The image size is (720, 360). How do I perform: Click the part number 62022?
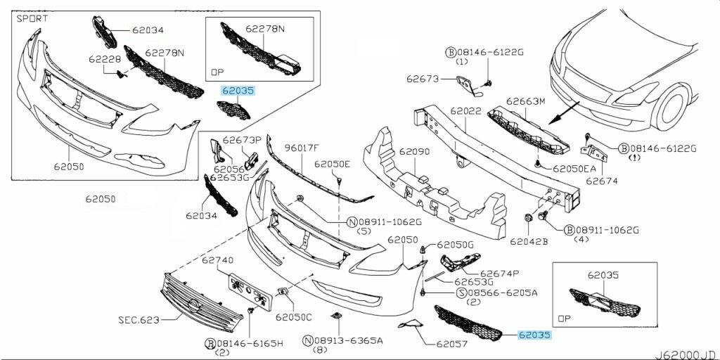point(466,111)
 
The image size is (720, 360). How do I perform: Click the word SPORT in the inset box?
point(33,18)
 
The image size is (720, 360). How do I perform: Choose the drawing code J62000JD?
point(688,354)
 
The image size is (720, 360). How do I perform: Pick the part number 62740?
point(217,260)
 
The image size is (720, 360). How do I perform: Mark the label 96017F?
point(302,148)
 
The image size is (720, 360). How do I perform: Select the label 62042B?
point(529,241)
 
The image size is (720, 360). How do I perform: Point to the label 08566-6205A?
point(503,292)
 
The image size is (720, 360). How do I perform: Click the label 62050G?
point(456,244)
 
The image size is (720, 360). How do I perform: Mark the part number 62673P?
point(242,139)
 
